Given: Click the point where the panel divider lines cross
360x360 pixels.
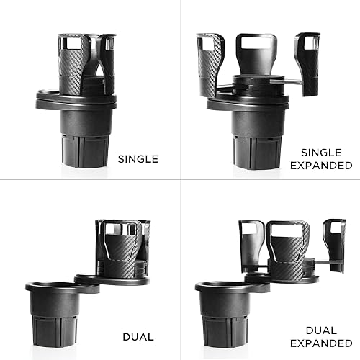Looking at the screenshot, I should (x=179, y=179).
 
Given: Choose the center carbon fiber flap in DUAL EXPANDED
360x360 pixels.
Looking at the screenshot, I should (x=288, y=248).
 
